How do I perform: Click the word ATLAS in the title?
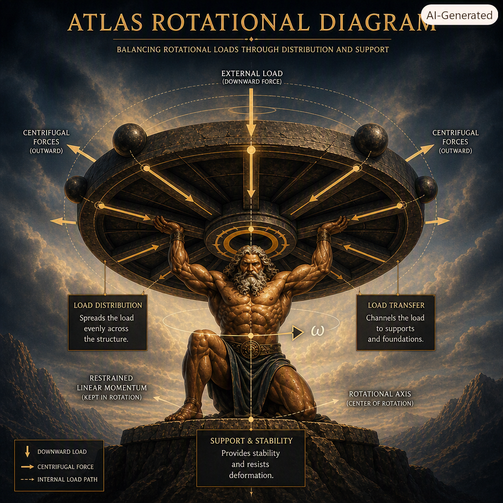pyautogui.click(x=105, y=23)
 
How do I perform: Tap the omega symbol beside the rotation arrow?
pyautogui.click(x=318, y=331)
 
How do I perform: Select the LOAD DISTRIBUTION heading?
pyautogui.click(x=108, y=306)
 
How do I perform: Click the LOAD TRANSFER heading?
pyautogui.click(x=396, y=306)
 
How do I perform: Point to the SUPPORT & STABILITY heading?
pyautogui.click(x=251, y=441)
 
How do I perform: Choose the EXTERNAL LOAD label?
pyautogui.click(x=252, y=74)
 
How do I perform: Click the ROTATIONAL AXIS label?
pyautogui.click(x=380, y=394)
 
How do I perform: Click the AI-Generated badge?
pyautogui.click(x=459, y=15)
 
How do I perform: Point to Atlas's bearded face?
pyautogui.click(x=251, y=268)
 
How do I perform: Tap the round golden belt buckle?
pyautogui.click(x=251, y=349)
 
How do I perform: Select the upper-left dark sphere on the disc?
pyautogui.click(x=130, y=140)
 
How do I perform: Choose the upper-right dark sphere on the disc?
pyautogui.click(x=371, y=140)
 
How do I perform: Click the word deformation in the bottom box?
pyautogui.click(x=251, y=475)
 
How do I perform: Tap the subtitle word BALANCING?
pyautogui.click(x=139, y=50)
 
